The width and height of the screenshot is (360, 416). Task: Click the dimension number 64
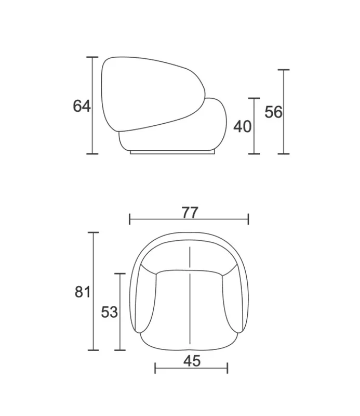82,106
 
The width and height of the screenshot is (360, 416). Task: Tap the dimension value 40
242,126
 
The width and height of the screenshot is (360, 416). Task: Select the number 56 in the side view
274,112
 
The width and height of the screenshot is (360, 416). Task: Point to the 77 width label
190,213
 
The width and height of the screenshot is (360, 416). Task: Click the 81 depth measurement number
83,292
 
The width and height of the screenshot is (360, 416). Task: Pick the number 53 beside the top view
110,312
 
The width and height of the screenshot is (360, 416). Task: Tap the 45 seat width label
192,361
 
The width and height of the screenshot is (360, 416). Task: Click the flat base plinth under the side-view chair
172,152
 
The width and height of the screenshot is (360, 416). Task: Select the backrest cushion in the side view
153,94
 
